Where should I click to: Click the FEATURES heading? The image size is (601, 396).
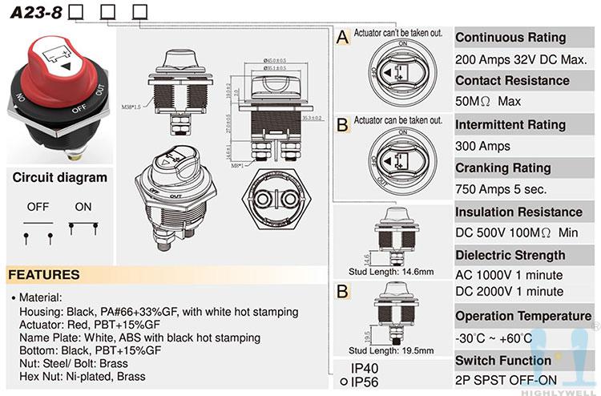pyautogui.click(x=44, y=275)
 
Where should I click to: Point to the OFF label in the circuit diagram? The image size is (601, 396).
pyautogui.click(x=38, y=207)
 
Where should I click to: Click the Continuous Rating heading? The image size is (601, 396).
pyautogui.click(x=510, y=38)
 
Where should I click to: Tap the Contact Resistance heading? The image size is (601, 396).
pyautogui.click(x=512, y=81)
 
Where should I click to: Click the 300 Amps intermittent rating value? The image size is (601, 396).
pyautogui.click(x=482, y=147)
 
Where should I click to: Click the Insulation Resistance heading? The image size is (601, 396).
pyautogui.click(x=518, y=212)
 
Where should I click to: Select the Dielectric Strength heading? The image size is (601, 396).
pyautogui.click(x=510, y=256)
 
